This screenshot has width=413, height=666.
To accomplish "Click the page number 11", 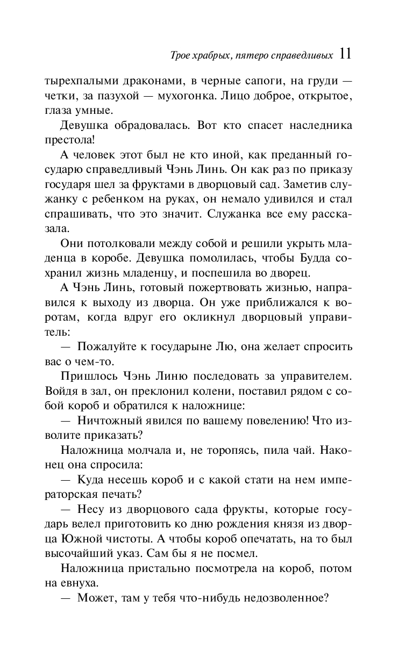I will point(345,54).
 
